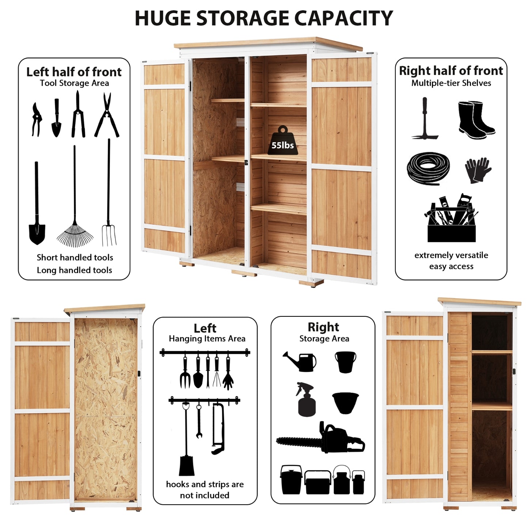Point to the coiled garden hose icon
(x=428, y=168)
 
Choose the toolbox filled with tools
(x=452, y=219)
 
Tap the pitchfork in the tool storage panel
(x=109, y=197)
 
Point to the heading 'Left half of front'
(x=74, y=72)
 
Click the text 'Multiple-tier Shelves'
(x=451, y=83)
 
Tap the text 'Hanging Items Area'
(x=207, y=339)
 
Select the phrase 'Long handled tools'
(x=75, y=270)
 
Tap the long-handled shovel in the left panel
(x=37, y=208)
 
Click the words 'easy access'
(x=451, y=266)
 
